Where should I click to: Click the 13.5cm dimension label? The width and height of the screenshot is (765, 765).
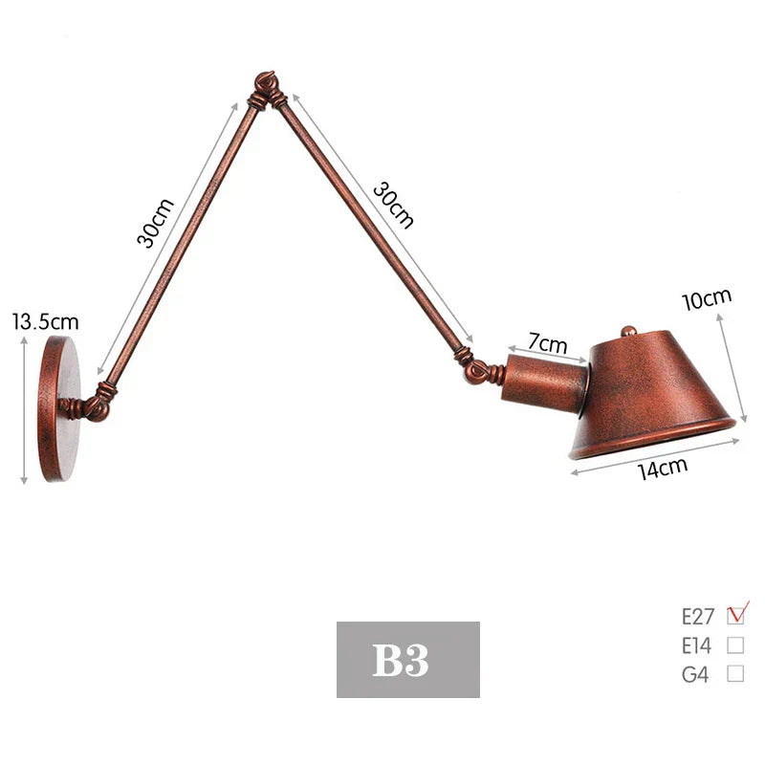pos(45,321)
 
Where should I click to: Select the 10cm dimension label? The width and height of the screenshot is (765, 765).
pos(706,298)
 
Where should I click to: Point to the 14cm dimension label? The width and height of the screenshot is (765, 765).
pos(664,470)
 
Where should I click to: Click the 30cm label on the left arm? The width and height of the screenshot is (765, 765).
pos(156,222)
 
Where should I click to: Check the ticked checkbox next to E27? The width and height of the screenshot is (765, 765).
pos(736,614)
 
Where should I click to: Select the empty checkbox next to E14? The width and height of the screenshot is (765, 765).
pos(735,645)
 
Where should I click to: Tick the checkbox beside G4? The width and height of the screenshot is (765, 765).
pos(735,673)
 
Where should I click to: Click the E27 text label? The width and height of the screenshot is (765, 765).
pos(697,615)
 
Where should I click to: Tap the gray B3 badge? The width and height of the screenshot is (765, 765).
pos(407,660)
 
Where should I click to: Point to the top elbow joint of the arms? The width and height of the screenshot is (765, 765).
pos(267,90)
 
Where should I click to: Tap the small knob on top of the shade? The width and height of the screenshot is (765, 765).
pos(628,331)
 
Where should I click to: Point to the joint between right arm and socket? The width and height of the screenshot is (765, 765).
pos(477,367)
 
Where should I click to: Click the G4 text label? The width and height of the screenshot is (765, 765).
pos(695,674)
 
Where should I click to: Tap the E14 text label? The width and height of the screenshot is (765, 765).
pos(698,645)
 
